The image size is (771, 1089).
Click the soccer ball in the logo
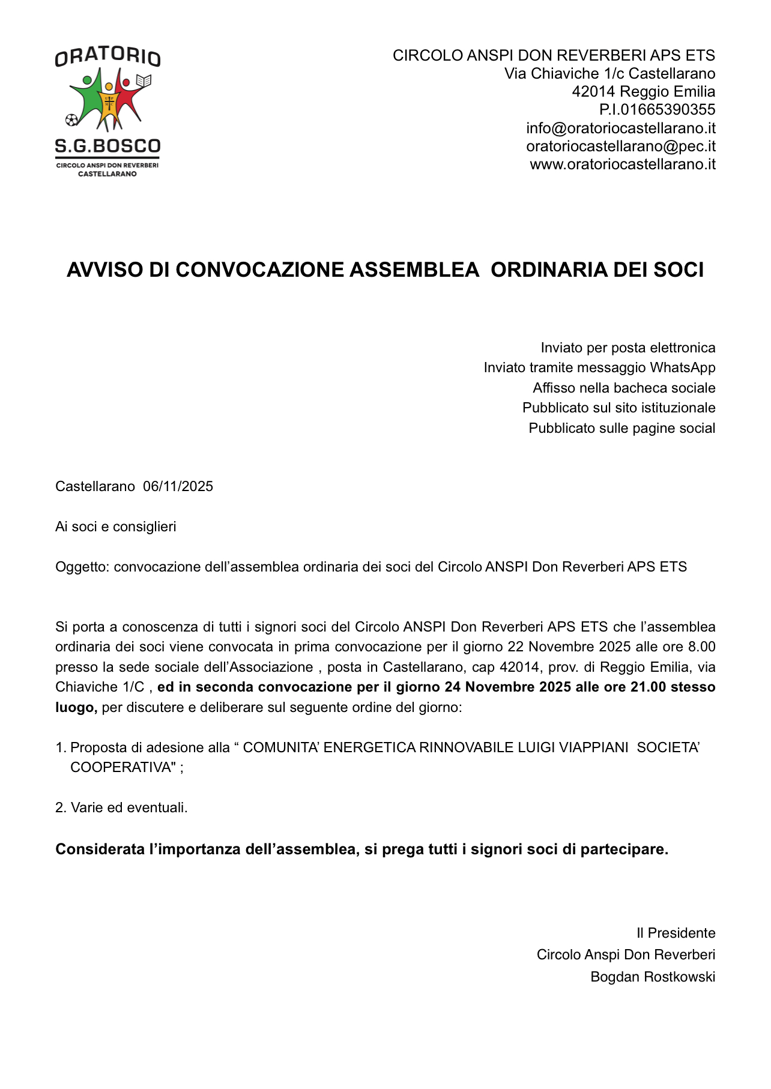tap(72, 119)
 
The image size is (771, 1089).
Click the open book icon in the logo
tap(144, 80)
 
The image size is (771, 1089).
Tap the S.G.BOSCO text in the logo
tap(107, 146)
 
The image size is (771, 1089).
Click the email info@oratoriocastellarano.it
tap(620, 128)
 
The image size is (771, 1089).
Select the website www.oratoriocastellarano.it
tap(622, 164)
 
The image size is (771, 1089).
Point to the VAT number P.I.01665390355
tap(657, 109)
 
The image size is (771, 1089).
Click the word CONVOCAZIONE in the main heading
tap(261, 270)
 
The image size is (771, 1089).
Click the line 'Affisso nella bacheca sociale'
tap(624, 388)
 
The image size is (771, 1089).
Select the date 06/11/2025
tap(178, 486)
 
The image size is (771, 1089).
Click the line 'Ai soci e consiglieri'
tap(116, 526)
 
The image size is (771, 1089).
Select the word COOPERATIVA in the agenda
tap(121, 767)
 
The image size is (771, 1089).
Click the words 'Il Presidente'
tap(676, 933)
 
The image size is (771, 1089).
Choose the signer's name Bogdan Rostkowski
tap(653, 977)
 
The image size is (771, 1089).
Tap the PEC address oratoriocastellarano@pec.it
tap(620, 146)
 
